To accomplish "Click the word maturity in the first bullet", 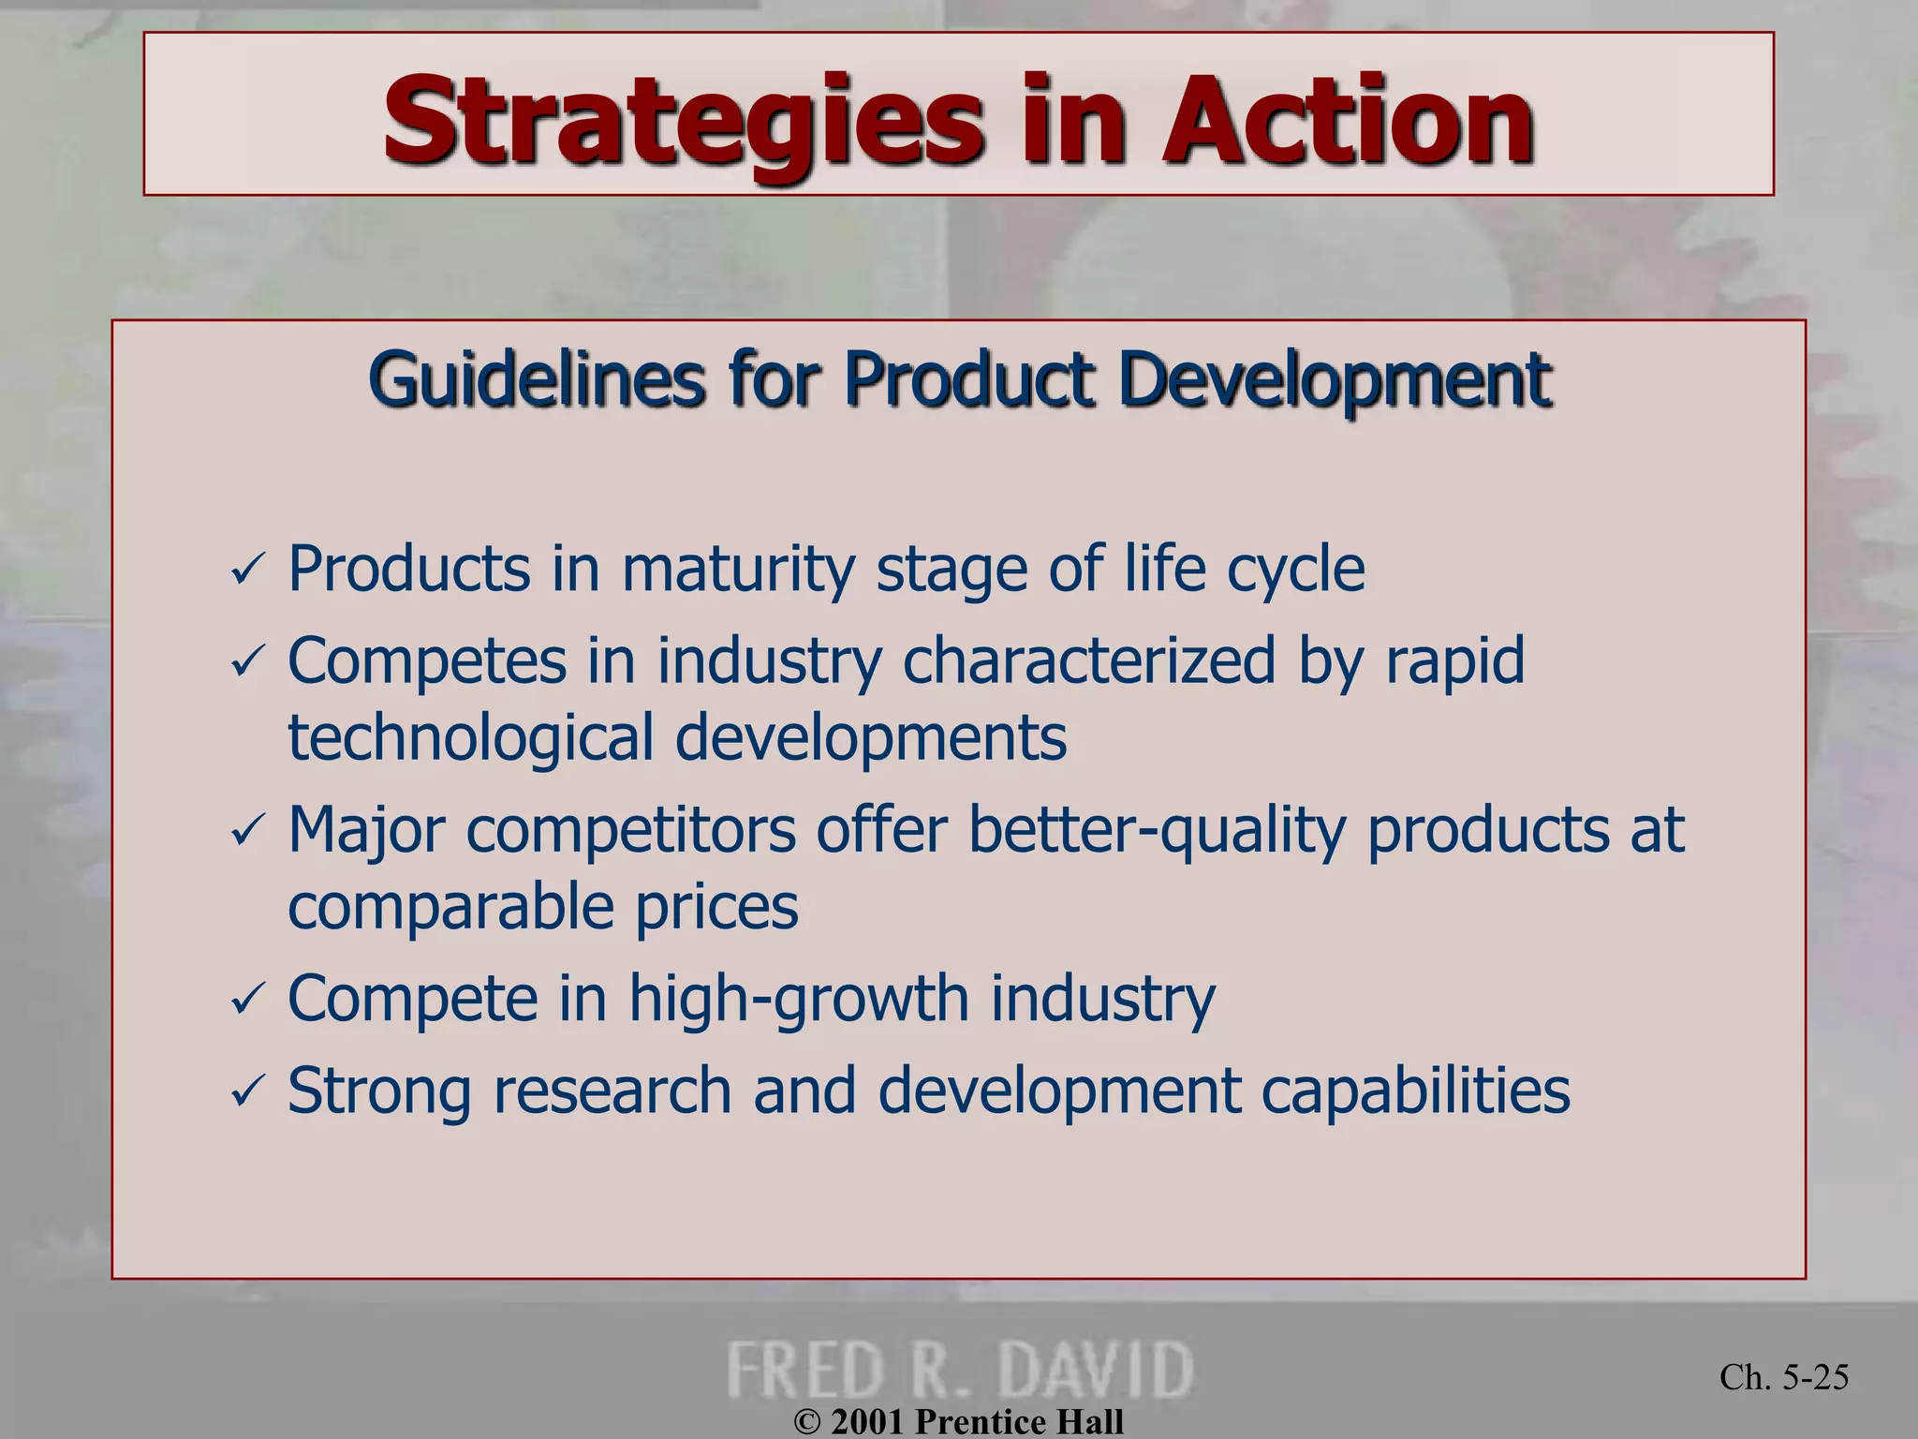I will coord(738,570).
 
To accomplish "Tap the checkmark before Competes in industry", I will coord(248,663).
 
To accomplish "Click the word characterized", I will coord(1089,661).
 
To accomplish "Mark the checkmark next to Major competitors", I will coord(248,832).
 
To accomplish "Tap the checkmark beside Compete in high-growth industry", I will coord(248,1001).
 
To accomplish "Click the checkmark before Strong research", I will coord(248,1092).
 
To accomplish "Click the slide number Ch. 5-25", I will coord(1784,1377).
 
